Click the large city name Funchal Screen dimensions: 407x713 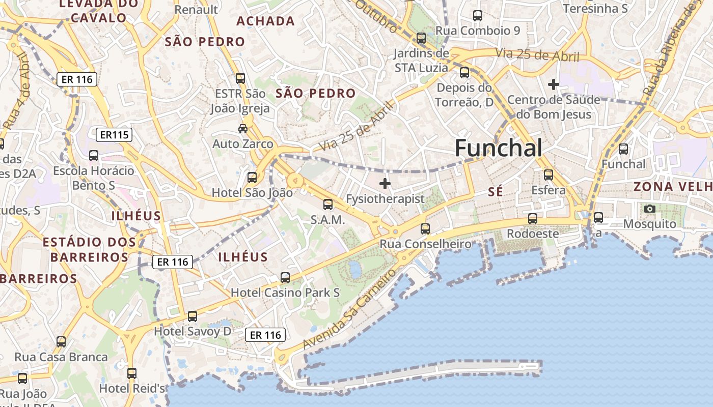click(498, 148)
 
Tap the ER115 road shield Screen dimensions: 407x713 click(114, 135)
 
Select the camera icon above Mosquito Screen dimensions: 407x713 click(649, 209)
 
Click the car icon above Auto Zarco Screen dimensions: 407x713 click(243, 129)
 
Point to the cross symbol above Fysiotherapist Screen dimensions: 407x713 click(385, 183)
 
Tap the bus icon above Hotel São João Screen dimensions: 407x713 click(252, 177)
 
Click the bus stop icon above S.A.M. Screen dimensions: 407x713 click(328, 205)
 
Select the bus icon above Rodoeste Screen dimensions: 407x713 click(533, 219)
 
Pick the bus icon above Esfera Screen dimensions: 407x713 click(549, 175)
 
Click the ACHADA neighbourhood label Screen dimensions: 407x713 click(266, 21)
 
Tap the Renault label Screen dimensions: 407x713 click(196, 9)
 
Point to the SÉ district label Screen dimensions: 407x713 click(495, 192)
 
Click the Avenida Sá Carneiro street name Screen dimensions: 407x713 click(349, 309)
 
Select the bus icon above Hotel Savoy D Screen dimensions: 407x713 click(192, 316)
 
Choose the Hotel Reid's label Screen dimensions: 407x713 click(132, 388)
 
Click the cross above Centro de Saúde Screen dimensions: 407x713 click(554, 84)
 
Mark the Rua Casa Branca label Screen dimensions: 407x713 click(61, 357)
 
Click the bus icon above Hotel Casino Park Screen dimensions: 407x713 click(285, 278)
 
